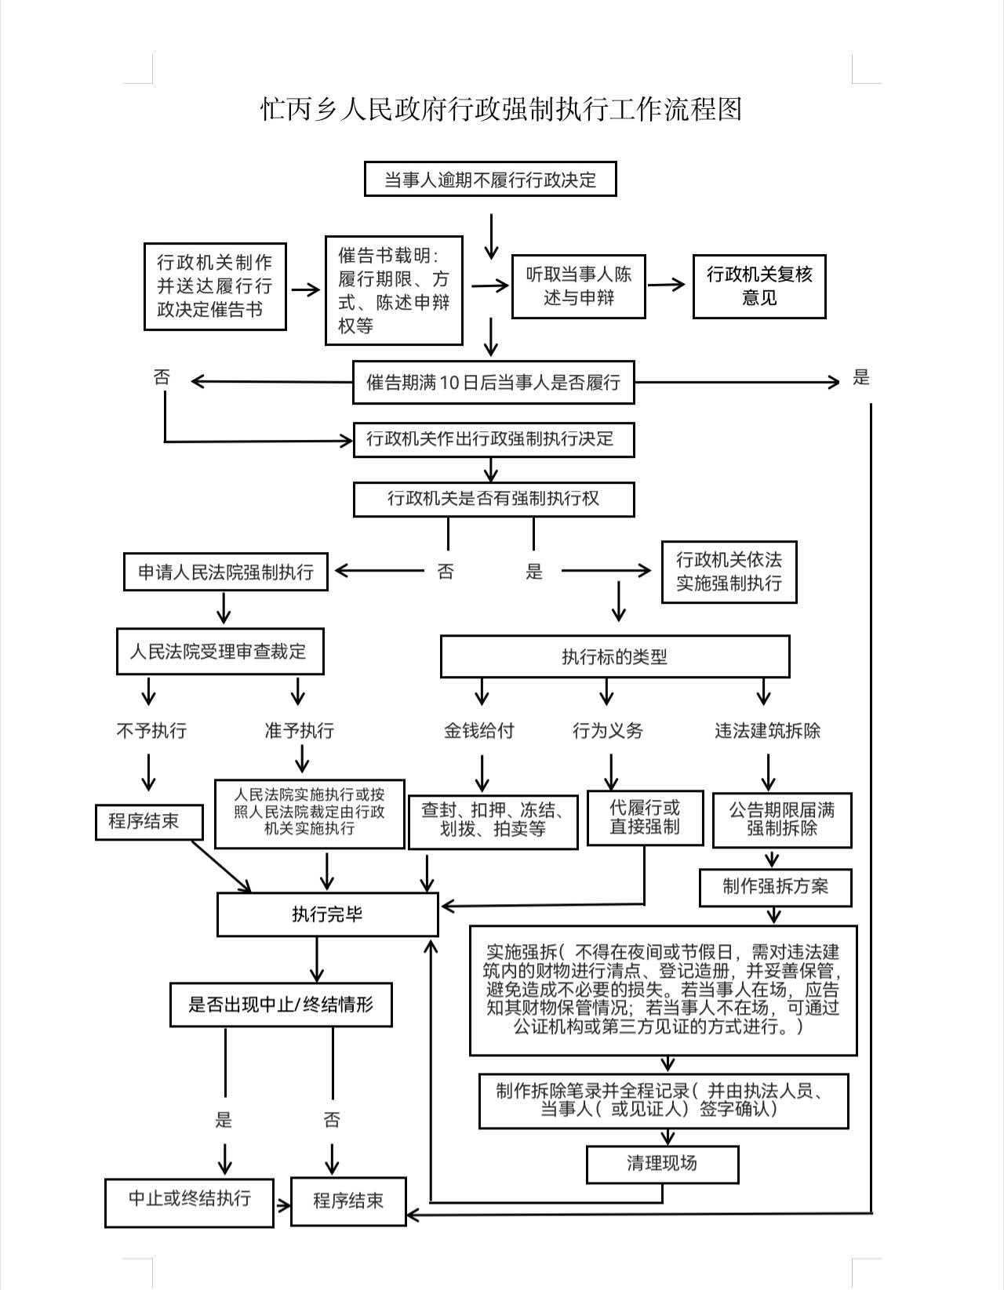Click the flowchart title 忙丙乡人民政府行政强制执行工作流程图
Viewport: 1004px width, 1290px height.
501,109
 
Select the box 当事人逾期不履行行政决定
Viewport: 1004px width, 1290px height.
490,180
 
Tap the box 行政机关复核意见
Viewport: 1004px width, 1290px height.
758,286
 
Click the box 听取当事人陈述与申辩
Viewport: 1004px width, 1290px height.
579,286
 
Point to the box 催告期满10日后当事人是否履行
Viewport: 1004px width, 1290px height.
493,382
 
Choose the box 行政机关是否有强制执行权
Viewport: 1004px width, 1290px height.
493,499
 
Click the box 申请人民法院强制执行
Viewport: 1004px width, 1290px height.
226,572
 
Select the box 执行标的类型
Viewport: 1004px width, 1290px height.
614,656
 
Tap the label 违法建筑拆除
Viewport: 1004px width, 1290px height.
767,731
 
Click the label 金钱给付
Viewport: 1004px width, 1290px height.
478,731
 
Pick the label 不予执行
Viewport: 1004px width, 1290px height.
151,731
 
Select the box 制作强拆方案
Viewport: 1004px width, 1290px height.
775,887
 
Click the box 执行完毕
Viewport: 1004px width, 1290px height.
327,914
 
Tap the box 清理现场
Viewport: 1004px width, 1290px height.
662,1164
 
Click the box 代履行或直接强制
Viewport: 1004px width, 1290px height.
645,818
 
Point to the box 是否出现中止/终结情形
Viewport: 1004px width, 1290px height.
281,1005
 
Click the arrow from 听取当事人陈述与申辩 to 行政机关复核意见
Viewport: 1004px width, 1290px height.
666,285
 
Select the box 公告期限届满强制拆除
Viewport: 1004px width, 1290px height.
781,819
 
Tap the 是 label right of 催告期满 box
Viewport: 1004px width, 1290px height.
861,378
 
